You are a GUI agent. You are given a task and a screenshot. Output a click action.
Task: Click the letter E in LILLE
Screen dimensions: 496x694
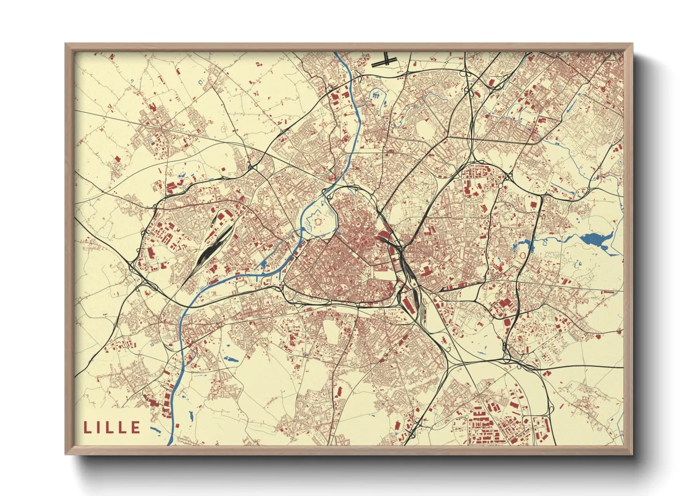136,427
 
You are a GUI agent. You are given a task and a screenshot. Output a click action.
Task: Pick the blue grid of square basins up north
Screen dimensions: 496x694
377,96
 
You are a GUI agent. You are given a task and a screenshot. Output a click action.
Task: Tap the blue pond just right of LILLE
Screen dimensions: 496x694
156,429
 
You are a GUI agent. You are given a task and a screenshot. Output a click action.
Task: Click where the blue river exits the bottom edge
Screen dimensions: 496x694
170,443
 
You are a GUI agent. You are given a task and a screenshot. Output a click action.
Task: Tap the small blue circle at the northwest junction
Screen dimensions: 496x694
251,167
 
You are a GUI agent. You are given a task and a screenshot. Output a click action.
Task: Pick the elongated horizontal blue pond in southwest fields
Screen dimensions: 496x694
231,360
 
